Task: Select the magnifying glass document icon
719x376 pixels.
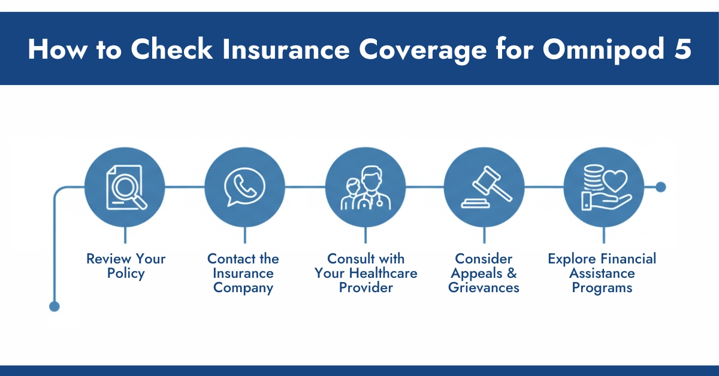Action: (x=125, y=187)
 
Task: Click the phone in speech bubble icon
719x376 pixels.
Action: (x=244, y=187)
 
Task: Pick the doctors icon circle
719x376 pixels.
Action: (x=365, y=187)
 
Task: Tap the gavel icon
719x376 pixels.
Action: (x=484, y=187)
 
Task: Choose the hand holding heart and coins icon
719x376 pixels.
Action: (x=603, y=187)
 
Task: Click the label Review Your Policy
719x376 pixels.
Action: (x=126, y=266)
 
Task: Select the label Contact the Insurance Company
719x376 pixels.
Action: (x=243, y=274)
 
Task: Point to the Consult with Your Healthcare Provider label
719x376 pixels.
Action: (x=365, y=274)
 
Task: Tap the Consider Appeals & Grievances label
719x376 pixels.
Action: (x=485, y=274)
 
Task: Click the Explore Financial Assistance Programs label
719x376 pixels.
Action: (x=602, y=274)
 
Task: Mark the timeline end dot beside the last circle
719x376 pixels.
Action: (x=661, y=187)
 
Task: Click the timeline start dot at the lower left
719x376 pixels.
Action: (x=55, y=307)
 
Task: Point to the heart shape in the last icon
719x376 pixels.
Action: (x=615, y=180)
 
